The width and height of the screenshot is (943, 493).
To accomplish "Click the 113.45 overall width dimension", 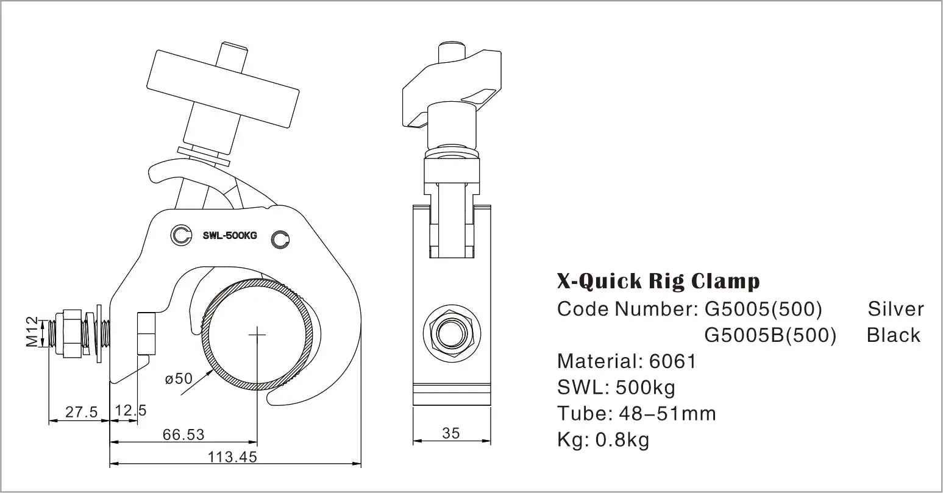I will (232, 456).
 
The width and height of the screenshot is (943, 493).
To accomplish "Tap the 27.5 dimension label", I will (82, 412).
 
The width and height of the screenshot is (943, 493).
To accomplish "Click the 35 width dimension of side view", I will (451, 433).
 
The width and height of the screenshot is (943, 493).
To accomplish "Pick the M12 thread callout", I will (32, 332).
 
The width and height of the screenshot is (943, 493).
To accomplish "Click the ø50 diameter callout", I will (179, 378).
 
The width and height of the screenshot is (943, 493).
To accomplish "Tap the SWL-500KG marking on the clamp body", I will (230, 236).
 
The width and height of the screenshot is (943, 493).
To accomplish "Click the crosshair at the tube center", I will (257, 335).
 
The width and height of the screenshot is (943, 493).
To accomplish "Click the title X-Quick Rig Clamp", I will (658, 281).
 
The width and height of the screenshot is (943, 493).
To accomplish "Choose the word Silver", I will (895, 309).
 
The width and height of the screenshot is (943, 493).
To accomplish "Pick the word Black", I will (893, 335).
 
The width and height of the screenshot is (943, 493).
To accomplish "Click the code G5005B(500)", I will (770, 335).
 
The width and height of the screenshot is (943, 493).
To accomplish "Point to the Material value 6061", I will (672, 361).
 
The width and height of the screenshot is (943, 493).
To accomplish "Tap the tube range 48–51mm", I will (667, 414).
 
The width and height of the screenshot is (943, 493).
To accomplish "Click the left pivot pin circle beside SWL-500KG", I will (181, 234).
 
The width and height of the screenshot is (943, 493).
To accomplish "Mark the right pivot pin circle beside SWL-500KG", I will (280, 239).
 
